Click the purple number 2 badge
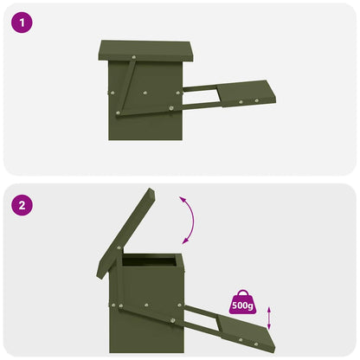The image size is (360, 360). point(22,206)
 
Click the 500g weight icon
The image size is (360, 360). point(242,302)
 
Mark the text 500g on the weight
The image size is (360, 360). point(242,305)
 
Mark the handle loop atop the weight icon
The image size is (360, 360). point(242,292)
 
